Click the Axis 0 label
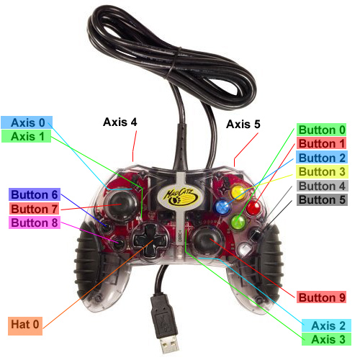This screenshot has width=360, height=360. [27, 122]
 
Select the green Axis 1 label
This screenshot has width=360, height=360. [26, 136]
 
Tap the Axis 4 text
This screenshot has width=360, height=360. [120, 122]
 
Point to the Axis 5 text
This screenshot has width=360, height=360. [243, 124]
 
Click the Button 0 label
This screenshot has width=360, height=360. [321, 130]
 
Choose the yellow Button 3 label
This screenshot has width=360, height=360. [322, 171]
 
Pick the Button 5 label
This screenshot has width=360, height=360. [322, 199]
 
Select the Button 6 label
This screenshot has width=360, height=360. [35, 194]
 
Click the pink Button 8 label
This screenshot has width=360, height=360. [35, 222]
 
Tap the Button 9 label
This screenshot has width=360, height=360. [321, 297]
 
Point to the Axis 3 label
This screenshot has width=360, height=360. [326, 339]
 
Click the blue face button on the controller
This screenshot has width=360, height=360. [222, 207]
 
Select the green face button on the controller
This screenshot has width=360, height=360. [238, 222]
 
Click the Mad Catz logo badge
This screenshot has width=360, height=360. [180, 196]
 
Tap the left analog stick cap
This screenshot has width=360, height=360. [120, 205]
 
